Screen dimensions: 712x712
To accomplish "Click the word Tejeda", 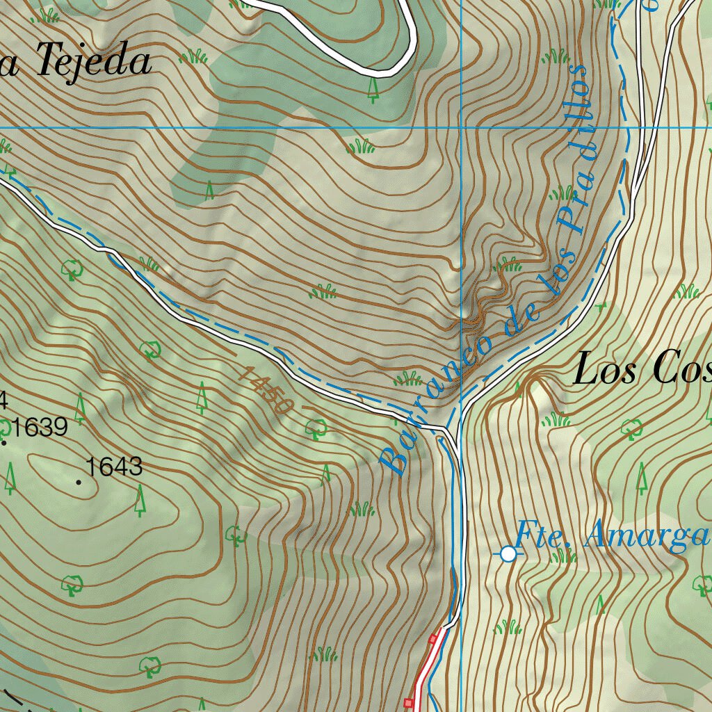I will [93, 61].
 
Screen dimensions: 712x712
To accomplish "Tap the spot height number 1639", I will [40, 427].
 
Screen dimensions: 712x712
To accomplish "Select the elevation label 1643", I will [115, 467].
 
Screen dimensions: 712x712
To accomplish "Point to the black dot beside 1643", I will [79, 481].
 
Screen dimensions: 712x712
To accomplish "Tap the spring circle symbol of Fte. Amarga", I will [508, 553].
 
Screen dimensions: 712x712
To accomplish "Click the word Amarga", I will [647, 536].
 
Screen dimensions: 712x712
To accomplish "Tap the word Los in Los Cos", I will [604, 369].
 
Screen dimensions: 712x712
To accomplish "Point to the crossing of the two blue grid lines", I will [462, 127].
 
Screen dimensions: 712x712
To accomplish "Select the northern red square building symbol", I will [433, 638].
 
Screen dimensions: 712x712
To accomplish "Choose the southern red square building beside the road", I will [409, 703].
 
